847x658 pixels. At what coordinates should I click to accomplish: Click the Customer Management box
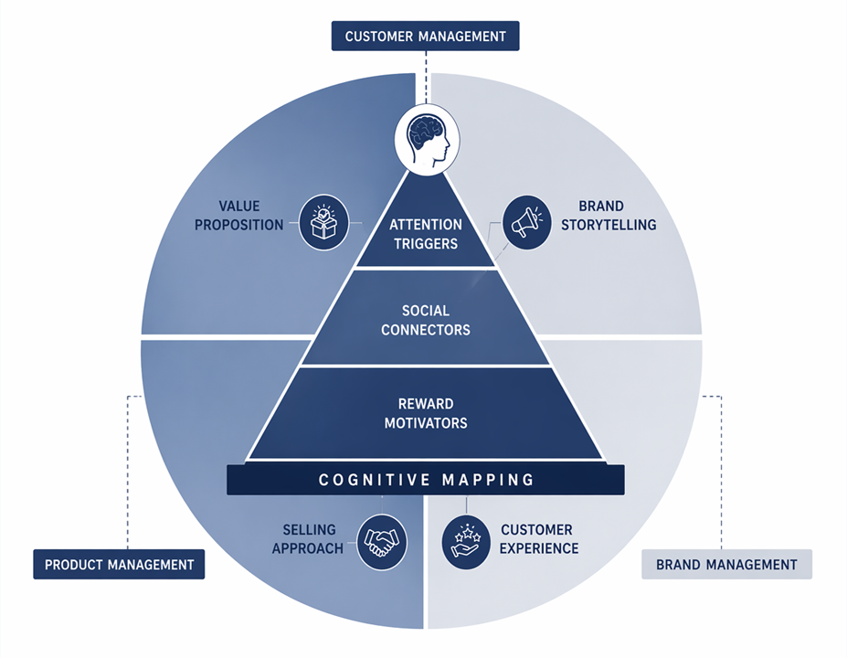point(425,37)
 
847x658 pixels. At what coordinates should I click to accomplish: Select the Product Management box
point(119,564)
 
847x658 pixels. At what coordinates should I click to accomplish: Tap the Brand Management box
point(727,564)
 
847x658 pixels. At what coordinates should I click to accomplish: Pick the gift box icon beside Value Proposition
point(324,222)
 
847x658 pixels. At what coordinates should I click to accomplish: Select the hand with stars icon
point(466,541)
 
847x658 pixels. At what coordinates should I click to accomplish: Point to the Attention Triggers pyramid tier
point(426,234)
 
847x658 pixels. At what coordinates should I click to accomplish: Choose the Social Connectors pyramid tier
point(425,320)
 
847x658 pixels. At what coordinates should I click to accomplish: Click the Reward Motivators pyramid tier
point(426,413)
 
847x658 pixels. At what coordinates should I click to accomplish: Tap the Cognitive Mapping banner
point(426,480)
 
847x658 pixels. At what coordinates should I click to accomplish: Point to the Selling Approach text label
point(309,538)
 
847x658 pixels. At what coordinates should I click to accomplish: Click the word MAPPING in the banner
point(488,480)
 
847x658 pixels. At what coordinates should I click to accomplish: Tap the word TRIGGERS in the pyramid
point(426,244)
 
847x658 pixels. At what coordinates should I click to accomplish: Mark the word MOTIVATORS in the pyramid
point(426,423)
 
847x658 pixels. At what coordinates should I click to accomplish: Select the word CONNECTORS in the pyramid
point(426,330)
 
